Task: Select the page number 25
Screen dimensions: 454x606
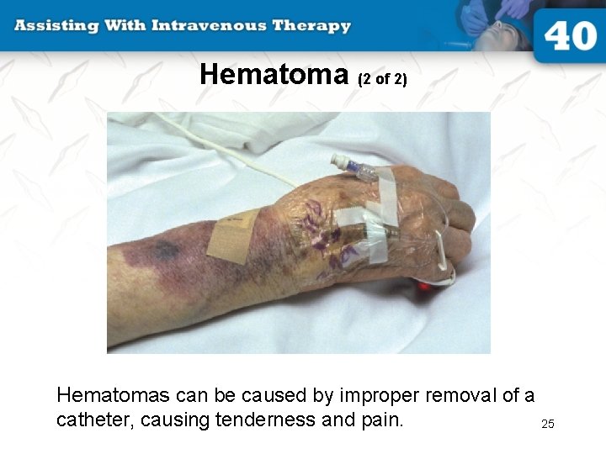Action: [x=548, y=424]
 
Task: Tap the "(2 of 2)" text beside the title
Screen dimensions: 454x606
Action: [x=382, y=80]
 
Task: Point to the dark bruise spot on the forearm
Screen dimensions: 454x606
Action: [x=164, y=250]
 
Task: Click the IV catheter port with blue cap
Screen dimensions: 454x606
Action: [x=354, y=166]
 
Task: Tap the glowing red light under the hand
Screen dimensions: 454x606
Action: [x=425, y=286]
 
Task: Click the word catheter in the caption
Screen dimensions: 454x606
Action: [x=92, y=419]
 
